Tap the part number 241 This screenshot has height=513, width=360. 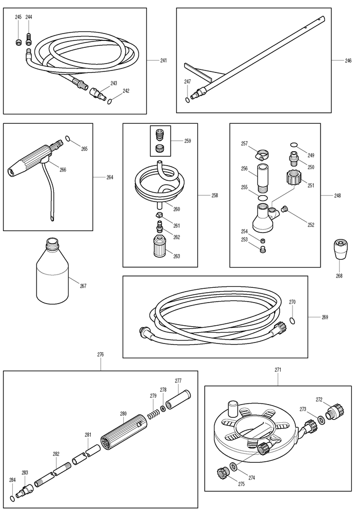[163, 60]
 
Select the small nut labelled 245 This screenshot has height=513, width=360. [19, 42]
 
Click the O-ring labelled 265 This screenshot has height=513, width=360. [68, 138]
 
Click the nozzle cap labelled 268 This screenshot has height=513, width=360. [340, 250]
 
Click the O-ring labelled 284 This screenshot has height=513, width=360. [12, 498]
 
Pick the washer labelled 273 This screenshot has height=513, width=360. [321, 419]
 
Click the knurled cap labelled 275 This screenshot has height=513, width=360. [223, 473]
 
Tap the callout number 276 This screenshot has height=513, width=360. [101, 354]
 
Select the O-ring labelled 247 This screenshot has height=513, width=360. [187, 100]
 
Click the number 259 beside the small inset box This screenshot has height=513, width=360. [187, 141]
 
